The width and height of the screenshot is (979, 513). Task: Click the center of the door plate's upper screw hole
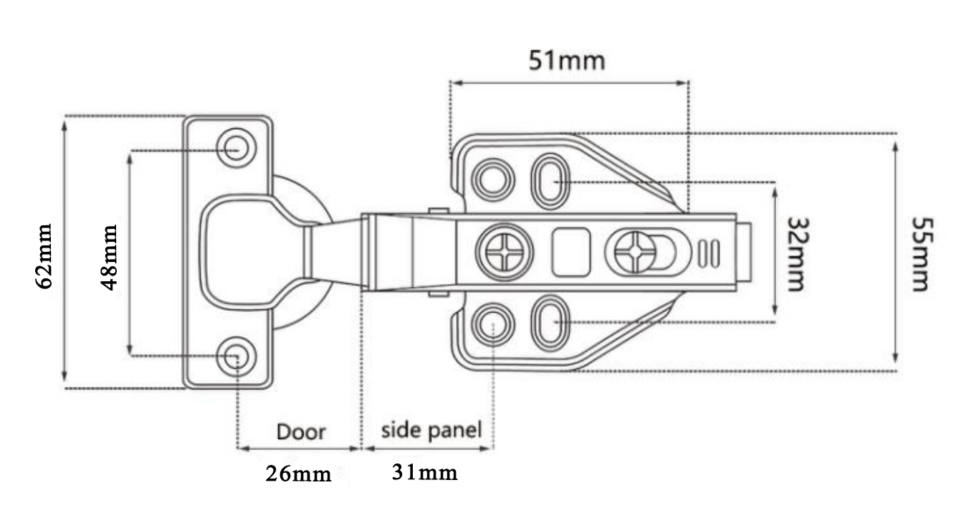point(237,148)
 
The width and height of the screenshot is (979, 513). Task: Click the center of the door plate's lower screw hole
point(237,357)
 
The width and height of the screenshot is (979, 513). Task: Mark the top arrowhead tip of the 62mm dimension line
point(65,122)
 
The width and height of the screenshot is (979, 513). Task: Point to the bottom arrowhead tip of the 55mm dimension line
point(894,363)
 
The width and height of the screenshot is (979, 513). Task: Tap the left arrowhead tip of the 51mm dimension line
point(451,83)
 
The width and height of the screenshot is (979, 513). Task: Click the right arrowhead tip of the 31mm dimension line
point(492,448)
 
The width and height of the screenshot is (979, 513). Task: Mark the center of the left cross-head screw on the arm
point(505,252)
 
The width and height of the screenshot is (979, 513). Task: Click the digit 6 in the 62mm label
point(44,280)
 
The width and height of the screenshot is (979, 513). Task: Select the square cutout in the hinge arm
point(570,252)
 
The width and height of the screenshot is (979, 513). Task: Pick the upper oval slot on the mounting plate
point(550,181)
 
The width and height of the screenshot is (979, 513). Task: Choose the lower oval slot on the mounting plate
point(550,323)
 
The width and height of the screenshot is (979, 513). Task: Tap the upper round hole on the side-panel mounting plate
point(492,180)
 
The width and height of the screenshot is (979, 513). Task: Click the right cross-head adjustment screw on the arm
point(635,252)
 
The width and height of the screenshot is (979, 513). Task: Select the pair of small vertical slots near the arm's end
point(709,253)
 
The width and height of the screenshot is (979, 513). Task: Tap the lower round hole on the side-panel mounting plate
point(492,324)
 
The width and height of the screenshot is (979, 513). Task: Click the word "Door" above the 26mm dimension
point(301,432)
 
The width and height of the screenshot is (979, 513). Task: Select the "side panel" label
point(431,430)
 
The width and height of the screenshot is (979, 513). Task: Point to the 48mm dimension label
point(109,258)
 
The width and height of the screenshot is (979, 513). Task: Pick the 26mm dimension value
point(298,474)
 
